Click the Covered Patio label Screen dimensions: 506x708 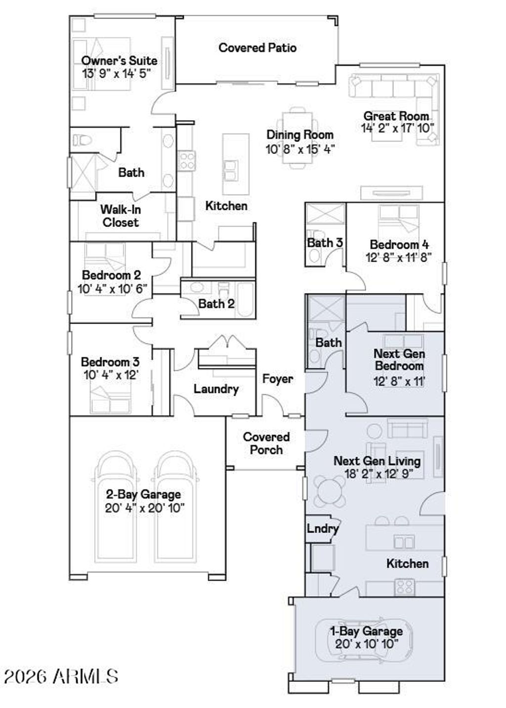click(257, 48)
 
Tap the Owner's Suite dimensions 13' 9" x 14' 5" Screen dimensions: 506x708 click(116, 73)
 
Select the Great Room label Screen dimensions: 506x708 click(396, 116)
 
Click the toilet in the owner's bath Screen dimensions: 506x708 click(82, 140)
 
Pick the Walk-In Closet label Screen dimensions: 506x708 click(121, 216)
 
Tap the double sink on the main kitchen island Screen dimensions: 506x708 click(231, 170)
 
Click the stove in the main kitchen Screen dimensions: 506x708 click(186, 161)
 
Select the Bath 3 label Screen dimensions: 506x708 click(325, 243)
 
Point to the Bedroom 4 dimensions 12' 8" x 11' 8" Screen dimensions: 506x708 click(399, 257)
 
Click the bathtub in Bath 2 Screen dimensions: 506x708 click(245, 299)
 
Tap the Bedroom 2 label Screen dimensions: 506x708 click(111, 275)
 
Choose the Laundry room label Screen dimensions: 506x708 click(216, 389)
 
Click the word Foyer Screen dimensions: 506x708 click(278, 378)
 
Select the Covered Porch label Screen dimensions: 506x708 click(266, 443)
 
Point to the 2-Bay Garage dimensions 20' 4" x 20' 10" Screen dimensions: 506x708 click(145, 508)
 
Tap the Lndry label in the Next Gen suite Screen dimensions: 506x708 click(323, 528)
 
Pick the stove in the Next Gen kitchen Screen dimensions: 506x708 click(405, 587)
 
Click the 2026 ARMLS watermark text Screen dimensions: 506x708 click(61, 676)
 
